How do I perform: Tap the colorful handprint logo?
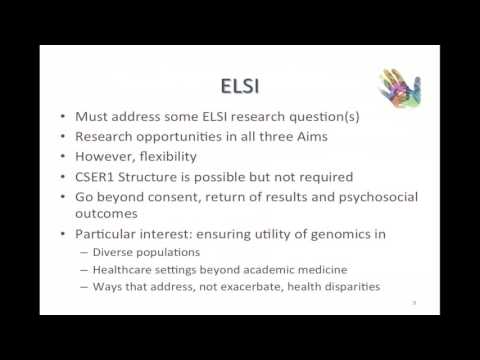coord(399,88)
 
